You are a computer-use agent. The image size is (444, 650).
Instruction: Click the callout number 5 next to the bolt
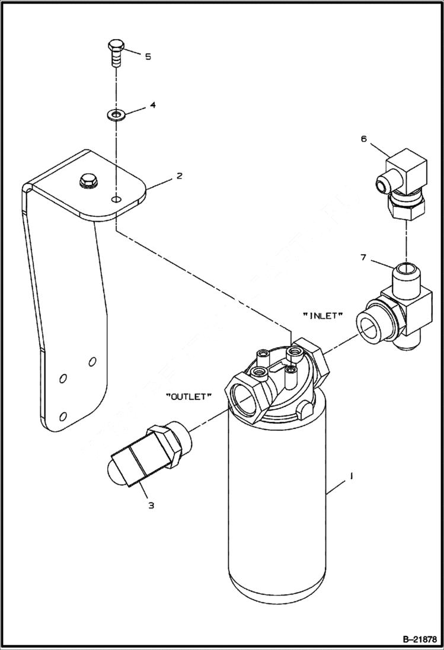pos(148,56)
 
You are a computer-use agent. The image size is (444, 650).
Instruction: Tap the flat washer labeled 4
pos(116,113)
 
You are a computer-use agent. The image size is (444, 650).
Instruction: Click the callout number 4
pos(152,105)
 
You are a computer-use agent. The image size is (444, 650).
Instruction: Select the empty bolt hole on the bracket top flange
pos(118,200)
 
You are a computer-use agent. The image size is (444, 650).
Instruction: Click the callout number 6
pos(363,139)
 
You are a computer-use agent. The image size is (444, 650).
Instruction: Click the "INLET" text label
pos(323,316)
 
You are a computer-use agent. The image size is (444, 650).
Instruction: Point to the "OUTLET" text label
pos(187,397)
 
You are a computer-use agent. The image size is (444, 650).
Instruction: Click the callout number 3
pos(151,505)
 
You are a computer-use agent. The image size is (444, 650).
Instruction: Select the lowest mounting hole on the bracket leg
pos(63,415)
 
